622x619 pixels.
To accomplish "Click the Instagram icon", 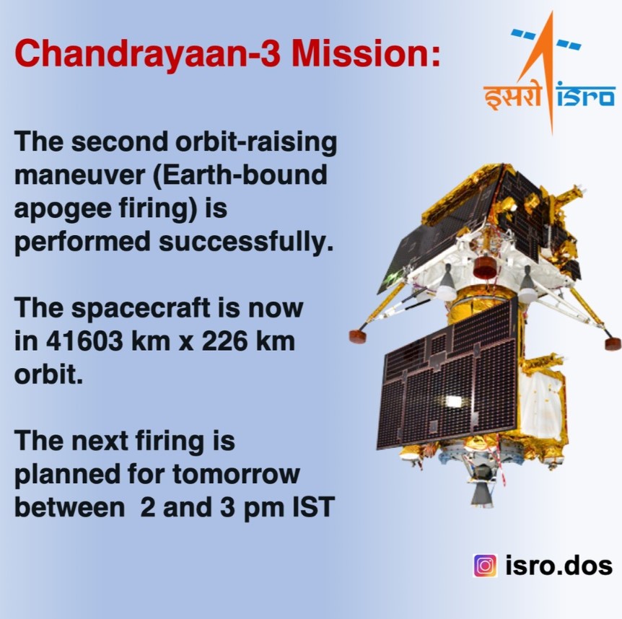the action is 485,566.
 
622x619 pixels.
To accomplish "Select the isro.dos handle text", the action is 559,566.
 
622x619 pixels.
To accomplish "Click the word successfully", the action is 246,243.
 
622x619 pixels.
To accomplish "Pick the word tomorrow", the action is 236,474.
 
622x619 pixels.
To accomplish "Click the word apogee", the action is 62,210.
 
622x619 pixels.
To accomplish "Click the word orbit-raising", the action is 256,143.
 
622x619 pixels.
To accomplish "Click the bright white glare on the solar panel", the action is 453,401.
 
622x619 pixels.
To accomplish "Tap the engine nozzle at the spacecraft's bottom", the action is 483,493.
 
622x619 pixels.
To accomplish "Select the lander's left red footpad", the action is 358,336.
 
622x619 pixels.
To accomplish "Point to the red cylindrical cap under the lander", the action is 485,267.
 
